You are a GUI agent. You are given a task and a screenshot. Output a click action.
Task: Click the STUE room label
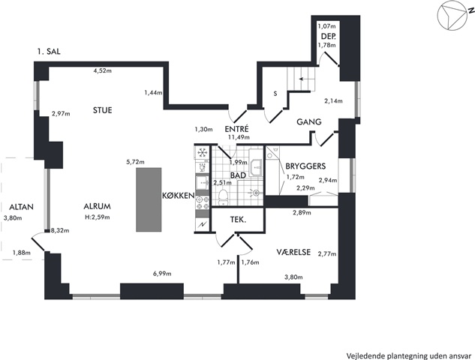click(x=102, y=110)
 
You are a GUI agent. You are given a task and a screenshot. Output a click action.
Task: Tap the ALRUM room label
click(x=98, y=206)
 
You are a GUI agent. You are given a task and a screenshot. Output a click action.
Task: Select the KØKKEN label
click(x=178, y=196)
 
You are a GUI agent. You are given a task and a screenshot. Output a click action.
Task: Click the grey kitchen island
click(x=149, y=199)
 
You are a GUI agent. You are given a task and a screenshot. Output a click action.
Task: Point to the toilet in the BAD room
click(x=224, y=198)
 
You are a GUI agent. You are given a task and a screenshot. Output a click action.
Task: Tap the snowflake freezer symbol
click(x=201, y=152)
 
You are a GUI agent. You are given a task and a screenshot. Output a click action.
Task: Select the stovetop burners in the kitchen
click(x=203, y=202)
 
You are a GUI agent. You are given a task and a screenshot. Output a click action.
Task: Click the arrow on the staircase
click(x=304, y=79)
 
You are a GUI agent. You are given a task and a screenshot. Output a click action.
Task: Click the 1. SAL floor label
click(x=49, y=52)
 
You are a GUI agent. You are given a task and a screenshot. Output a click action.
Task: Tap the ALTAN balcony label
click(x=21, y=208)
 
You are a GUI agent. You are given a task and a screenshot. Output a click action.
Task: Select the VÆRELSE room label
click(x=293, y=252)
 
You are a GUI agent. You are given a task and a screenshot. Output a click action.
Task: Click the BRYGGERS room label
click(x=305, y=166)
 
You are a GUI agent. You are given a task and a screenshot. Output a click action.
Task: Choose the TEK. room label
click(x=238, y=220)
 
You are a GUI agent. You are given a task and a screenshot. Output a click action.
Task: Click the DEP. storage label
click(x=329, y=37)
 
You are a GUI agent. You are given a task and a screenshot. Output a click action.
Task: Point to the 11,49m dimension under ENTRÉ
click(x=239, y=137)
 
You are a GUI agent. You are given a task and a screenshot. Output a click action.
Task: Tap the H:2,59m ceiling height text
click(x=98, y=217)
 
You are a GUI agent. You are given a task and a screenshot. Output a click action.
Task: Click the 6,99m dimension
click(x=162, y=274)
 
